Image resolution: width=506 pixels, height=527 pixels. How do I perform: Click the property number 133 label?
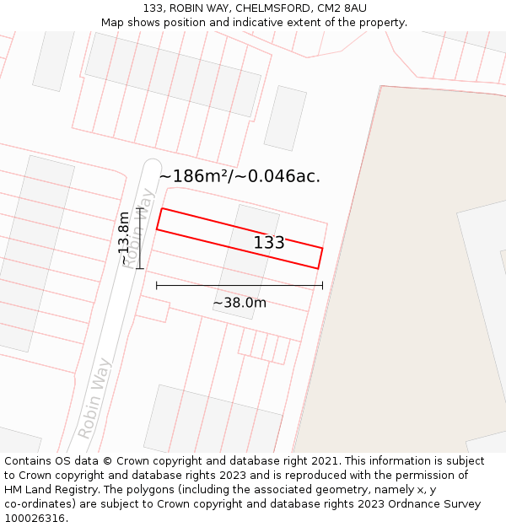point(269,243)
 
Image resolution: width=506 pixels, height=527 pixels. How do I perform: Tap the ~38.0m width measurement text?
point(240,303)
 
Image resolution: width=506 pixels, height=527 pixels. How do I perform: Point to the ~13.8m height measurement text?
point(124,238)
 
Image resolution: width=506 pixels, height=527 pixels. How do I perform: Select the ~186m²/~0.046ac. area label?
point(240,176)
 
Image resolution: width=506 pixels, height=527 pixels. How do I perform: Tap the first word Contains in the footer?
point(28,461)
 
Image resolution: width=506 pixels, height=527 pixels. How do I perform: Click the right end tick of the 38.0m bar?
point(322,286)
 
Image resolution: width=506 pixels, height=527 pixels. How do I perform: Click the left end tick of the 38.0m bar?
point(157,286)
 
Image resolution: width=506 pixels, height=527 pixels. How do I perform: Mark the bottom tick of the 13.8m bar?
point(140,269)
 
